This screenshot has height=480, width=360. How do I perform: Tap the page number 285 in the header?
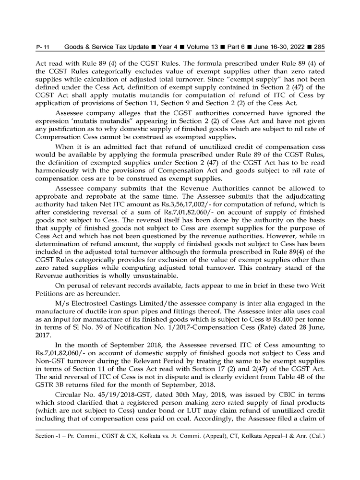pos(318,47)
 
